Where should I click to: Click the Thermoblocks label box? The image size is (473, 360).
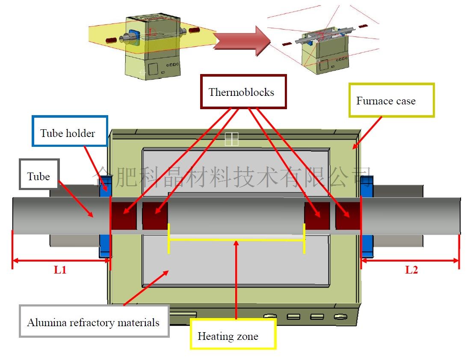pos(243,92)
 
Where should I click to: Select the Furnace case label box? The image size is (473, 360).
pos(391,101)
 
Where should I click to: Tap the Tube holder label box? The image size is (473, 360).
pos(70,133)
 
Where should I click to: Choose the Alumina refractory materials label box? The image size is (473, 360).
pos(94,321)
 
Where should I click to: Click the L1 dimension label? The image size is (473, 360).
pos(60,270)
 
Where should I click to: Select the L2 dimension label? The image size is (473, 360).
pos(411,270)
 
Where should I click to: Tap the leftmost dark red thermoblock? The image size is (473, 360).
pos(124,215)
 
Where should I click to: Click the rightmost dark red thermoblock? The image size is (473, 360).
pos(349,215)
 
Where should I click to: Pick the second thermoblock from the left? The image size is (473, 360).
pos(155,215)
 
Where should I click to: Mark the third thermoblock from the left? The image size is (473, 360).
pos(317,215)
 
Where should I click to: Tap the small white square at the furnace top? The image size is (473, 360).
pos(231,139)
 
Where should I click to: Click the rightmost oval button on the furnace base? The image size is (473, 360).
pos(340,317)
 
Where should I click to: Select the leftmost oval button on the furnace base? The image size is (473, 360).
pos(270,317)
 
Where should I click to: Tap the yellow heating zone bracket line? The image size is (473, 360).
pos(236,239)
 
